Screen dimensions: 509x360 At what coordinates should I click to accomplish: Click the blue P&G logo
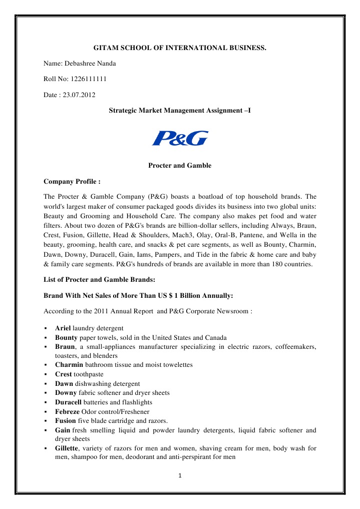point(180,138)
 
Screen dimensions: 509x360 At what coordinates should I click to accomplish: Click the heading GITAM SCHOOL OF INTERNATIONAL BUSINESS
point(180,49)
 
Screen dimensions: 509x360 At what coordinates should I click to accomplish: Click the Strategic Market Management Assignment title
point(180,109)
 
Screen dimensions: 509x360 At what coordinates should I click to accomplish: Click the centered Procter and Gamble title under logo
point(180,165)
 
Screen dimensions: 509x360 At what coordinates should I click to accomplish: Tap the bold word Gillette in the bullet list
point(68,448)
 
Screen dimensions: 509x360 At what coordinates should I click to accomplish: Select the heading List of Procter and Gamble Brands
point(96,281)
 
